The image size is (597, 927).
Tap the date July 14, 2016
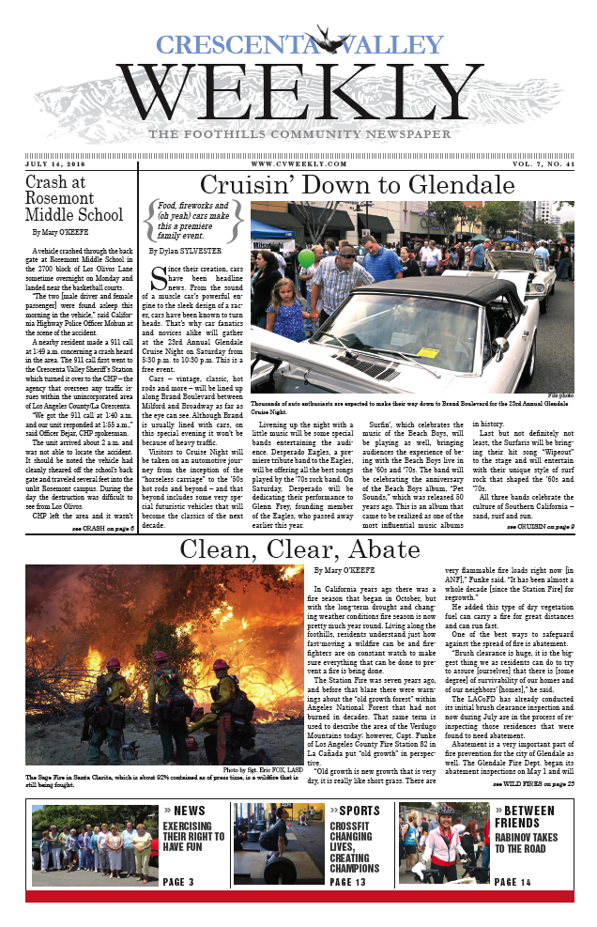click(x=58, y=162)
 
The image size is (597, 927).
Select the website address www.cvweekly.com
click(x=299, y=162)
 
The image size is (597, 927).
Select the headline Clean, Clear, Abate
click(x=298, y=548)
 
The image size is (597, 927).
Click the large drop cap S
click(x=160, y=280)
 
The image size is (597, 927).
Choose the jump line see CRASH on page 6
click(x=104, y=529)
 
